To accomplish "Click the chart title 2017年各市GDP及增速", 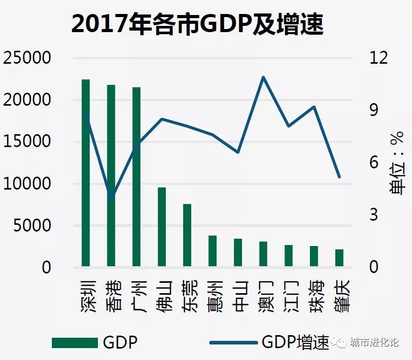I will [x=197, y=24].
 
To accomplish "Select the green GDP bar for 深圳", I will [x=86, y=174].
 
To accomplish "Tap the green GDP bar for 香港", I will [x=111, y=176].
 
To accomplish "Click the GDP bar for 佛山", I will [x=162, y=227].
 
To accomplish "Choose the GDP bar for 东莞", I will [x=187, y=236].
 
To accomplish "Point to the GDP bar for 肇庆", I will [x=339, y=258].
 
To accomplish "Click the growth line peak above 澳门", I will [x=263, y=77].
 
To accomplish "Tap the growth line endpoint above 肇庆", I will [x=339, y=177].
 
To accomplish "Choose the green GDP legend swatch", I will [x=75, y=342].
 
